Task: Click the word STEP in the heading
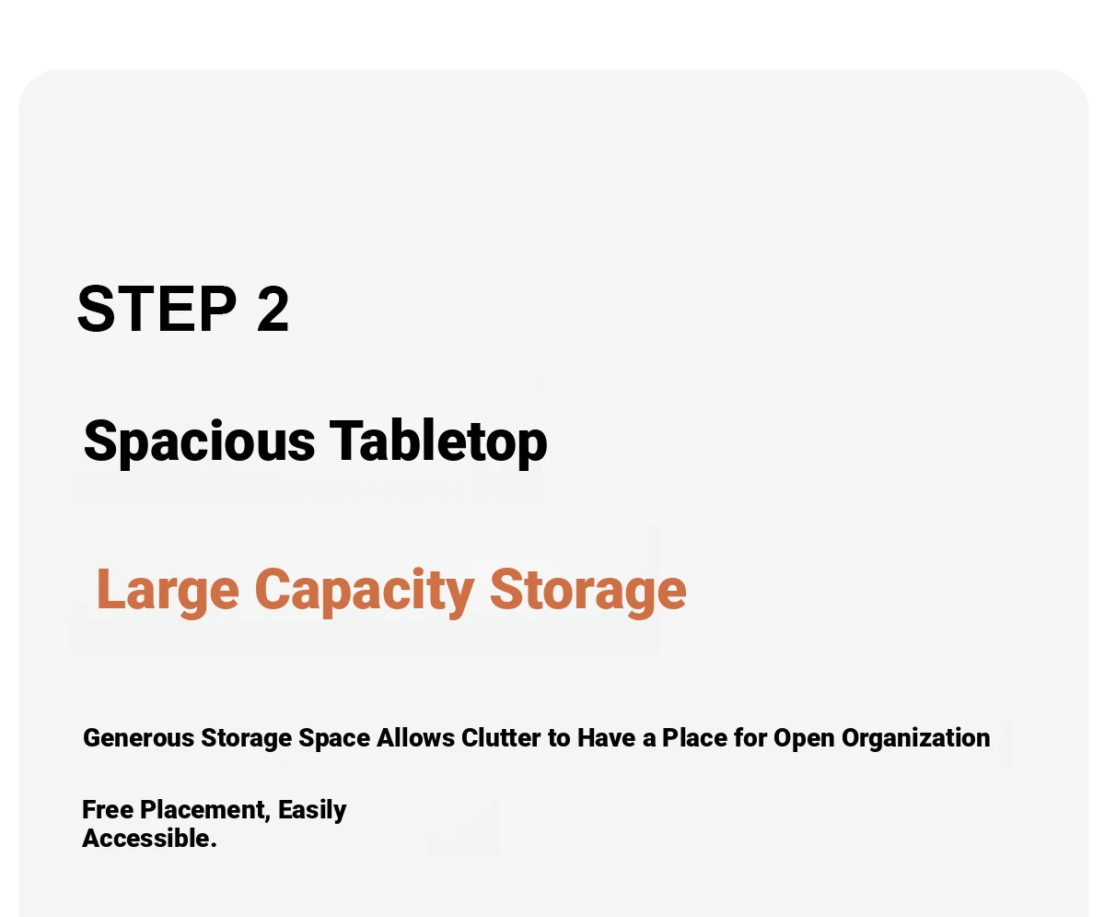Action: (x=157, y=309)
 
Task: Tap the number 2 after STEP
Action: (x=273, y=309)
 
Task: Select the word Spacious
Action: (x=200, y=441)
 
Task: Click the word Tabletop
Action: (x=438, y=441)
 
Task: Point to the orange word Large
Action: (x=168, y=591)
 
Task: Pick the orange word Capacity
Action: (x=364, y=591)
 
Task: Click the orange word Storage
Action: (x=588, y=591)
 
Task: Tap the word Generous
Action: (x=139, y=737)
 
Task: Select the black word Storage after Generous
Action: (x=246, y=738)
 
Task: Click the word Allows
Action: (x=415, y=737)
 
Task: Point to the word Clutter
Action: (x=501, y=737)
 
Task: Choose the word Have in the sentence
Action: (x=607, y=737)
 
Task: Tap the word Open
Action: (x=805, y=738)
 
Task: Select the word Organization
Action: (x=915, y=738)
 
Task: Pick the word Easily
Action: (x=312, y=810)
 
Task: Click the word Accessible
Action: (x=150, y=839)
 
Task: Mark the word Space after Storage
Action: (x=334, y=738)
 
